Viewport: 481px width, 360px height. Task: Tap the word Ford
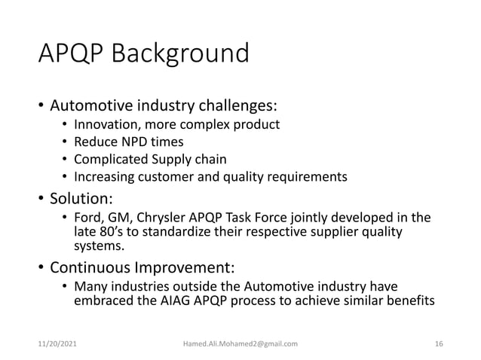(86, 218)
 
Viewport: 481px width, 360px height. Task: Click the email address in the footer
(240, 343)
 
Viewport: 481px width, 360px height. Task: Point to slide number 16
(439, 343)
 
